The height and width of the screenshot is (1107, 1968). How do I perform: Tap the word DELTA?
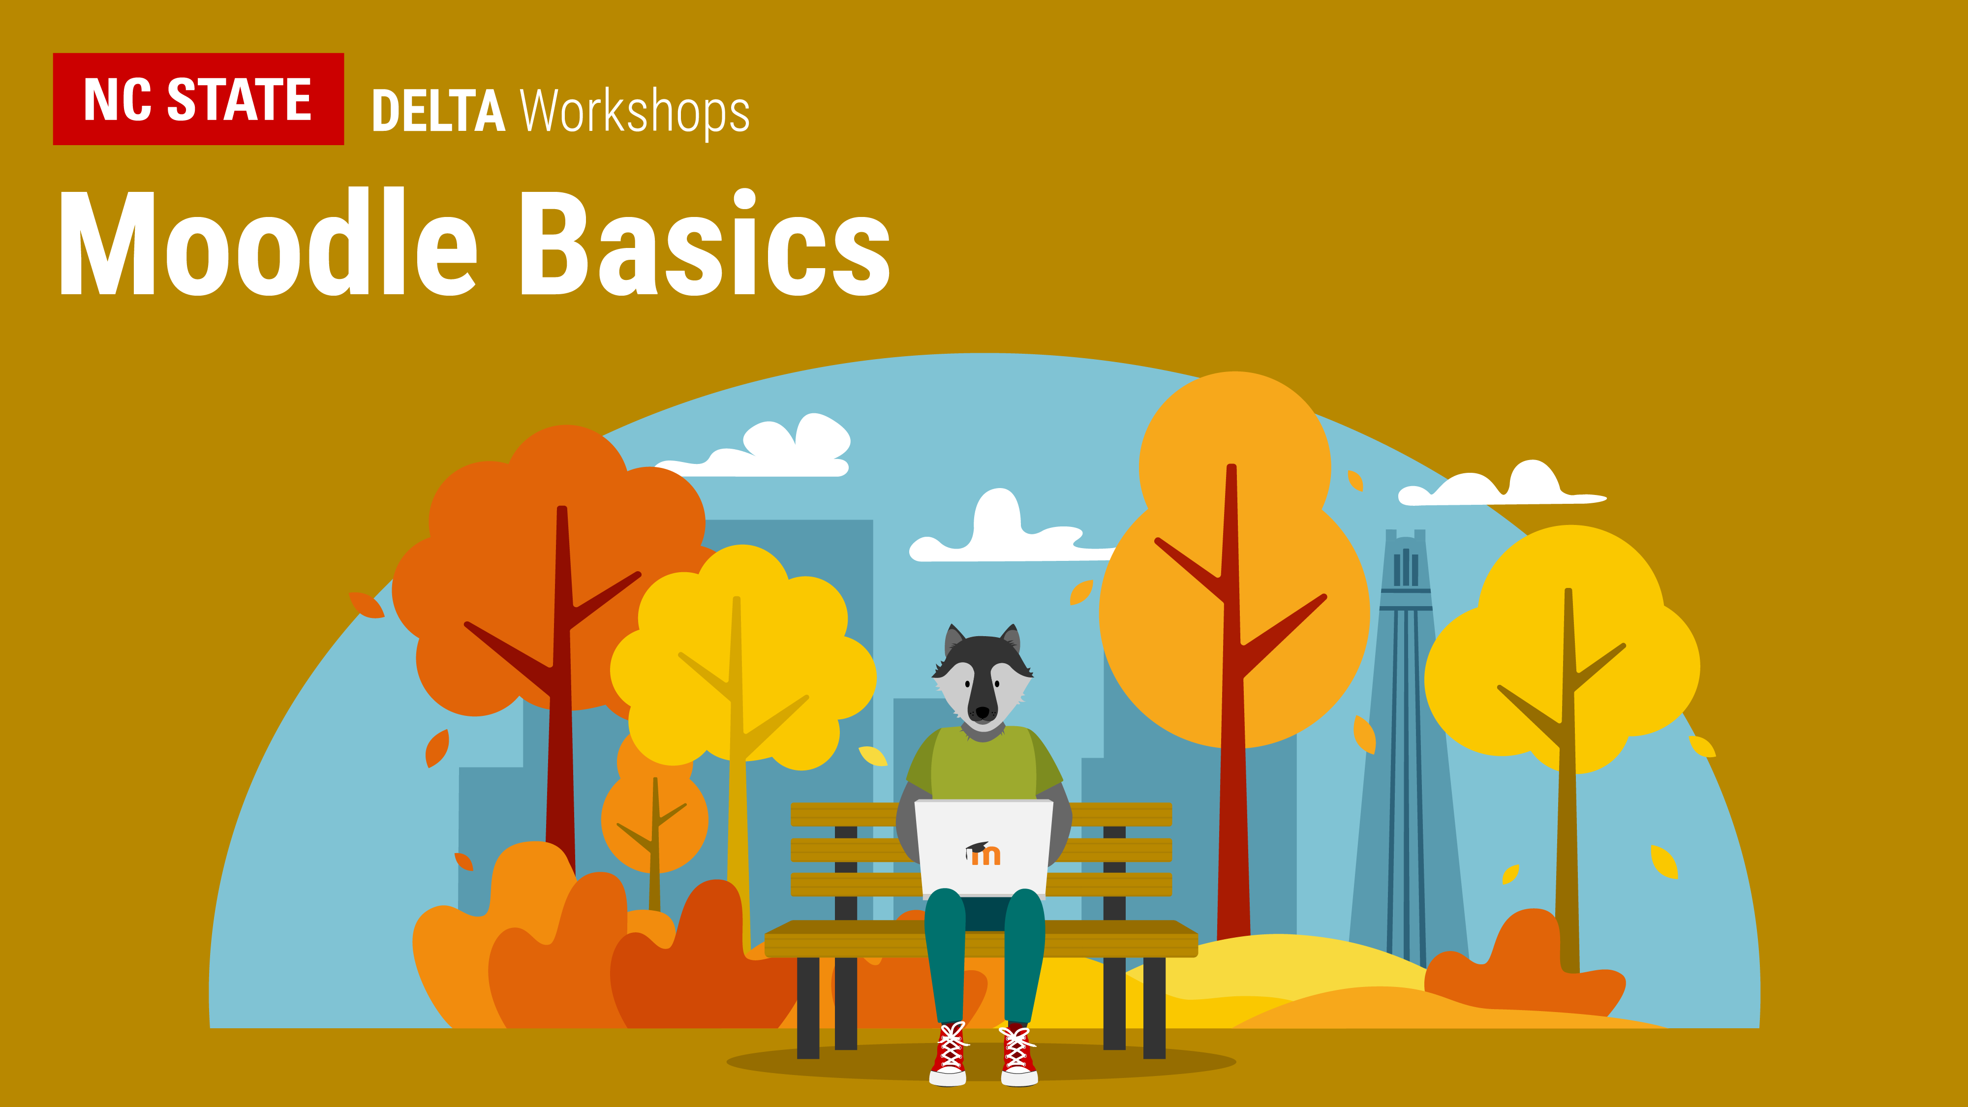pyautogui.click(x=438, y=112)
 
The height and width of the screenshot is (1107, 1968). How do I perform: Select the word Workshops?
pyautogui.click(x=635, y=113)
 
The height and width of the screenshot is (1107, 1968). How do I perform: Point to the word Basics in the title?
pyautogui.click(x=705, y=243)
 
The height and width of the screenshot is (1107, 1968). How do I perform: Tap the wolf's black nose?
pyautogui.click(x=982, y=712)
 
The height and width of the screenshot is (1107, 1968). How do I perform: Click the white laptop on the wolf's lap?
pyautogui.click(x=984, y=848)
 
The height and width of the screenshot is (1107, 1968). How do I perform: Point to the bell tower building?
pyautogui.click(x=1406, y=749)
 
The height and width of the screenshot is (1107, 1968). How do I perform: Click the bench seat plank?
pyautogui.click(x=981, y=939)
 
